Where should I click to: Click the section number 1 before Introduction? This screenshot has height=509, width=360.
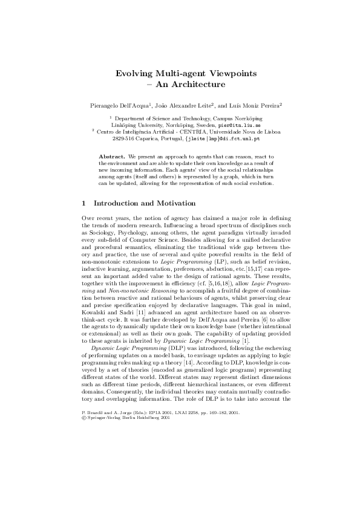click(83, 203)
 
